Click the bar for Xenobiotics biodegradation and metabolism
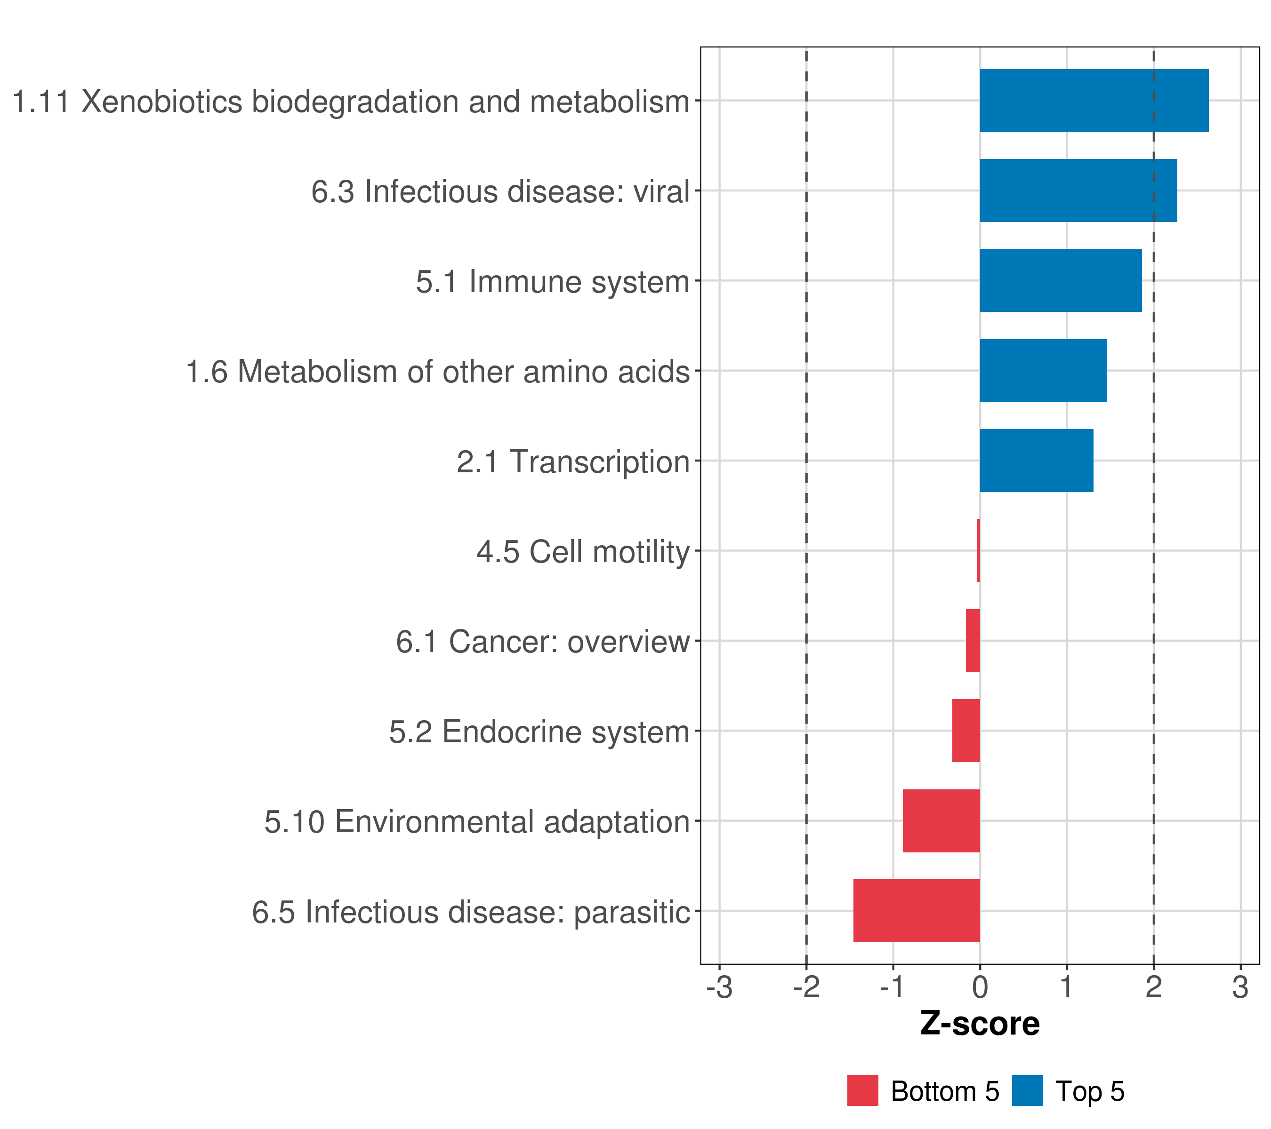coord(1094,101)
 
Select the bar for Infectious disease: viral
coord(1078,191)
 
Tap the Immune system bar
coord(1061,280)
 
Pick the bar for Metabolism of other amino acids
coord(1043,371)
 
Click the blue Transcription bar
coord(1037,461)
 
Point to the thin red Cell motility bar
coord(978,550)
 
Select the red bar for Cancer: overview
coord(973,641)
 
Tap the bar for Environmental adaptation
coord(941,821)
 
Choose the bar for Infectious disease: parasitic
coord(917,911)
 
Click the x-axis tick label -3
coord(719,987)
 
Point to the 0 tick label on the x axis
coord(980,987)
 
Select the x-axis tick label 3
coord(1240,987)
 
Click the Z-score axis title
coord(980,1024)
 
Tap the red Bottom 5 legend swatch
coord(862,1090)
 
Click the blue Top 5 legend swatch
coord(1027,1090)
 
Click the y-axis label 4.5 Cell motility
coord(583,552)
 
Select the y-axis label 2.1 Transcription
coord(573,461)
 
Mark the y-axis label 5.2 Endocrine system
coord(539,732)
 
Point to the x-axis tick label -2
coord(806,987)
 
